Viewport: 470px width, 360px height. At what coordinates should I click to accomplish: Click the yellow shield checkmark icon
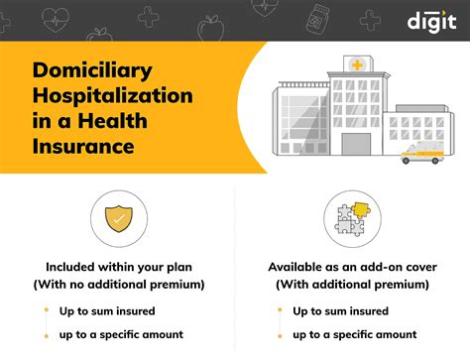point(116,217)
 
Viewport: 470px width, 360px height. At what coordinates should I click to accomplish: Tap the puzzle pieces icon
point(351,217)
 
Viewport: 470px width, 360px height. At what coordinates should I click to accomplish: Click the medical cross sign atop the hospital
point(354,64)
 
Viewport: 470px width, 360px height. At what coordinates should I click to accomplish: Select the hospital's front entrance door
point(355,144)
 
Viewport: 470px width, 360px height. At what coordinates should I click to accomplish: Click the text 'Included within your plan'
point(117,267)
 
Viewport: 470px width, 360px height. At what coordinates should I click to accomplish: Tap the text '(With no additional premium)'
point(117,285)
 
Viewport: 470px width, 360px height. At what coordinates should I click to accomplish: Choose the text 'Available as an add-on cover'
point(352,267)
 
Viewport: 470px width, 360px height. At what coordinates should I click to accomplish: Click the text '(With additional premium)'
point(352,285)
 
